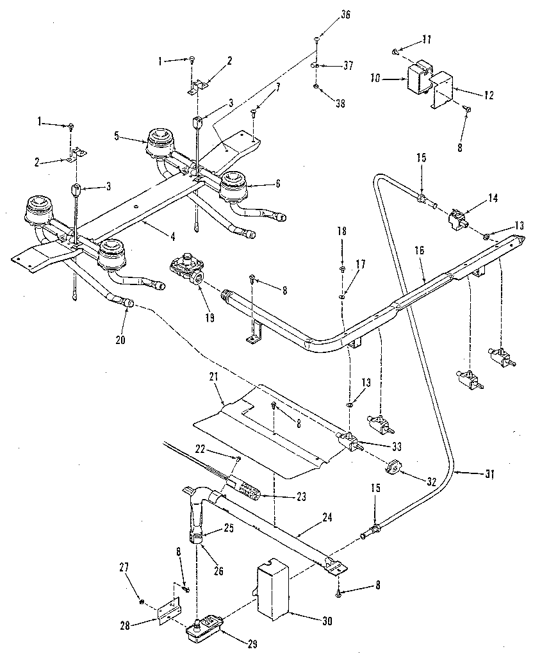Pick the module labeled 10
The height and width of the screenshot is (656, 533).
(x=417, y=78)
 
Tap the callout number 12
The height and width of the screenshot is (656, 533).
(x=489, y=95)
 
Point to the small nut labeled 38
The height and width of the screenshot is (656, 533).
(x=317, y=85)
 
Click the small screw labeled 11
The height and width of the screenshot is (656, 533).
(x=397, y=50)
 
